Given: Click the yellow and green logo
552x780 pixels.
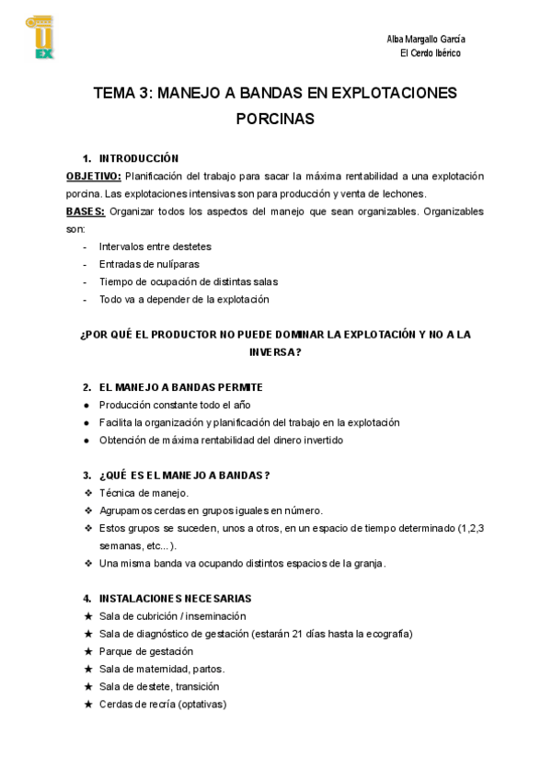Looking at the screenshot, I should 40,37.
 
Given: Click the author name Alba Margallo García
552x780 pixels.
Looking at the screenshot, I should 426,39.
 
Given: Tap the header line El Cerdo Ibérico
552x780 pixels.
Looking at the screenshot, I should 431,53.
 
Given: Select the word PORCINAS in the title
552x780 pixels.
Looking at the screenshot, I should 275,119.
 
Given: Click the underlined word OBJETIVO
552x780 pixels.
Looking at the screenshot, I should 93,176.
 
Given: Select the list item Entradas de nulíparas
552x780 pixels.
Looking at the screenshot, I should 148,264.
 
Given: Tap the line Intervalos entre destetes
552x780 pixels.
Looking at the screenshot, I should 155,247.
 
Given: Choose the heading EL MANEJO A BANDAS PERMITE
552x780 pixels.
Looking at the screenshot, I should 180,387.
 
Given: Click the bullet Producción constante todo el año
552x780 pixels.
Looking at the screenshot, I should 175,405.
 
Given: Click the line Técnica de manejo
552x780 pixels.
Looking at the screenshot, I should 144,493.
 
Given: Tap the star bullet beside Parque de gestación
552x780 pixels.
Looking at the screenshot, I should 88,651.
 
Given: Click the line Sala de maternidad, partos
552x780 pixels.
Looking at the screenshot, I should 162,669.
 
